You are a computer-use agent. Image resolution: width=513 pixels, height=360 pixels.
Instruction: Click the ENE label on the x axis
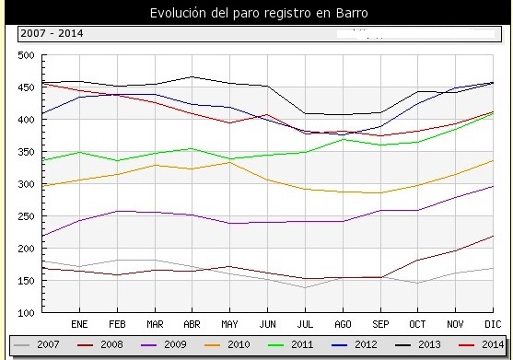(80, 324)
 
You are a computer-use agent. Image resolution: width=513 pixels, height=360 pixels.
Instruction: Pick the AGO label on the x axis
(342, 324)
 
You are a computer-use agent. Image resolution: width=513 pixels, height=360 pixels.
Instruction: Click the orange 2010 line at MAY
(228, 162)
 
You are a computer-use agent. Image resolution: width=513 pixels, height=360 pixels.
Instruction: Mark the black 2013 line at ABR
(192, 76)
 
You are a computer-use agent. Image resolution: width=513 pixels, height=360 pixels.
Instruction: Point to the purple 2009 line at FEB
(117, 211)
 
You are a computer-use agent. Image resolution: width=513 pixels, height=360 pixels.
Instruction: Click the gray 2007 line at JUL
(305, 287)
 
